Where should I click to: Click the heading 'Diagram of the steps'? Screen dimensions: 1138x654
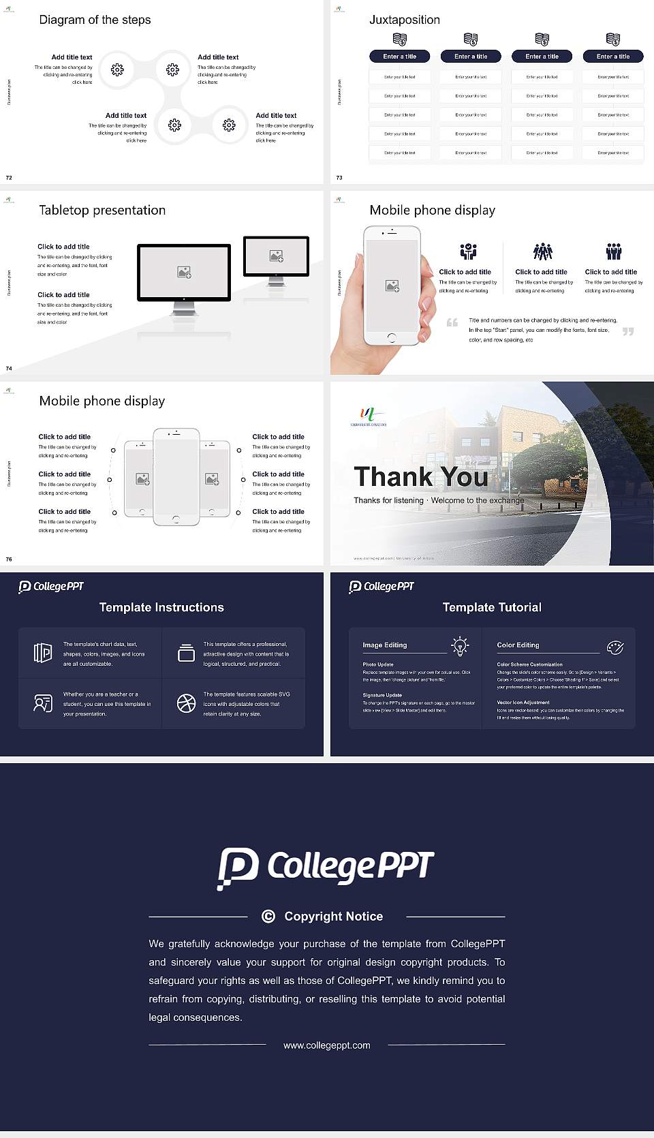click(95, 20)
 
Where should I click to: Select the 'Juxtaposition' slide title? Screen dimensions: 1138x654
click(404, 20)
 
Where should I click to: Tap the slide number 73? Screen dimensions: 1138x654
click(339, 178)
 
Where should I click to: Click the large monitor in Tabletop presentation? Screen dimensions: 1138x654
click(184, 273)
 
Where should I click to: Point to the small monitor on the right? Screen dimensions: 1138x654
click(276, 256)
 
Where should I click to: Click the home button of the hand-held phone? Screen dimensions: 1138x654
click(392, 337)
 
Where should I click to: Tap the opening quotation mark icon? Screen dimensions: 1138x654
click(452, 322)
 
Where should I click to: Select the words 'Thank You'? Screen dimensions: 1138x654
click(421, 477)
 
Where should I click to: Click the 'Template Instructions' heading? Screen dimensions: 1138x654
click(161, 607)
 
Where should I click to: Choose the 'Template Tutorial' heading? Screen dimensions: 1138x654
click(492, 607)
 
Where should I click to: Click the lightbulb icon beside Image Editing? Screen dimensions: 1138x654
click(460, 646)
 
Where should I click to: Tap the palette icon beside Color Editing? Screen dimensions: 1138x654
click(615, 647)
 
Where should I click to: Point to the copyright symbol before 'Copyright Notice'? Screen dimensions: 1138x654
click(268, 917)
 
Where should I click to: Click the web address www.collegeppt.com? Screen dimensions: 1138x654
click(327, 1045)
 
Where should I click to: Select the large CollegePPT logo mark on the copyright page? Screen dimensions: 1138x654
click(238, 868)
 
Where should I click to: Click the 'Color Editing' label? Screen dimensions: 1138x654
click(518, 645)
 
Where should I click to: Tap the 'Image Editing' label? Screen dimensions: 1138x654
click(384, 645)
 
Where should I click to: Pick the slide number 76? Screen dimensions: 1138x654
click(9, 559)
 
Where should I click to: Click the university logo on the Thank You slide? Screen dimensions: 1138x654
click(369, 414)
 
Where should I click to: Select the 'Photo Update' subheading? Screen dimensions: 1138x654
click(378, 664)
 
